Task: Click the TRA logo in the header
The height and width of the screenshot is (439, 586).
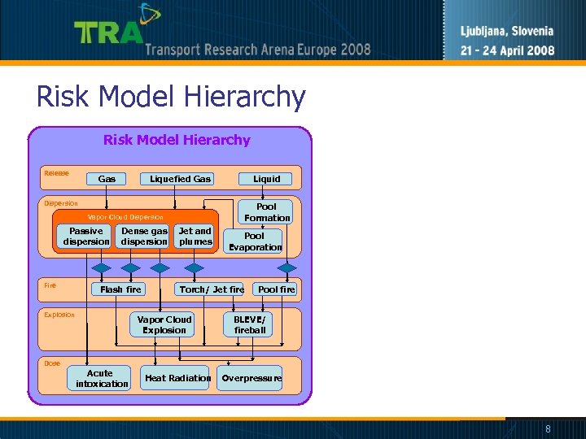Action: (110, 31)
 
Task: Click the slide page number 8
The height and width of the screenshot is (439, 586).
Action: (548, 428)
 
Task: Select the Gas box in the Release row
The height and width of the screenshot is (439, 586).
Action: (107, 179)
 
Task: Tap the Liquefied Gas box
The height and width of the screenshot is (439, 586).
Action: (180, 179)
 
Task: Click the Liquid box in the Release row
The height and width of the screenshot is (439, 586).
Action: (266, 179)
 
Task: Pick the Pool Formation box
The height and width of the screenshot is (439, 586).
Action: (266, 212)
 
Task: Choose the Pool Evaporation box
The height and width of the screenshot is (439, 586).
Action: (255, 241)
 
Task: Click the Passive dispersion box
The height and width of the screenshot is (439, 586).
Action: (86, 237)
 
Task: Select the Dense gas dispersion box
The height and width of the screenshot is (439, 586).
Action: (144, 237)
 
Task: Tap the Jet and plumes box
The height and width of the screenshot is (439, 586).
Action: (195, 237)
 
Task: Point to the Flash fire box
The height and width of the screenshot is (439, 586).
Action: (120, 289)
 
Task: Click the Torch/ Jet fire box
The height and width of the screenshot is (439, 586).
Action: (212, 289)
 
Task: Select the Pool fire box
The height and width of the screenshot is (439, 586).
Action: (276, 289)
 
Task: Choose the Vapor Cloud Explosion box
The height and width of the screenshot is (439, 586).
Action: (164, 324)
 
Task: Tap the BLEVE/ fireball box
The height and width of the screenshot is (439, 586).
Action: (250, 324)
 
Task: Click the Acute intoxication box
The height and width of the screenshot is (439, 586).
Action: (102, 379)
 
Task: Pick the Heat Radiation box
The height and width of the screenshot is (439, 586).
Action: (177, 378)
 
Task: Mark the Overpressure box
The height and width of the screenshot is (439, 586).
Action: (251, 378)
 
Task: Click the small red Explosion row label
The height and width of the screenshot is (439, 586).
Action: (59, 315)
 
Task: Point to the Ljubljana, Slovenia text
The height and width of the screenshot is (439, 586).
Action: (506, 32)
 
